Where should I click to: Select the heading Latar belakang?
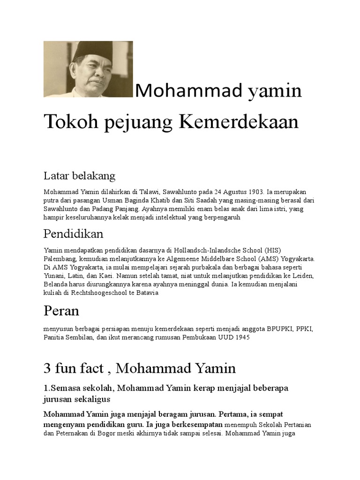pyautogui.click(x=79, y=176)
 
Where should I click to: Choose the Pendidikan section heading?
pyautogui.click(x=74, y=233)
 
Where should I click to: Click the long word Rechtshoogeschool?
pyautogui.click(x=105, y=293)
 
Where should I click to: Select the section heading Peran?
pyautogui.click(x=61, y=311)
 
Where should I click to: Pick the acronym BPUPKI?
pyautogui.click(x=278, y=329)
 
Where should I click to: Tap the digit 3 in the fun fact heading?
pyautogui.click(x=47, y=368)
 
